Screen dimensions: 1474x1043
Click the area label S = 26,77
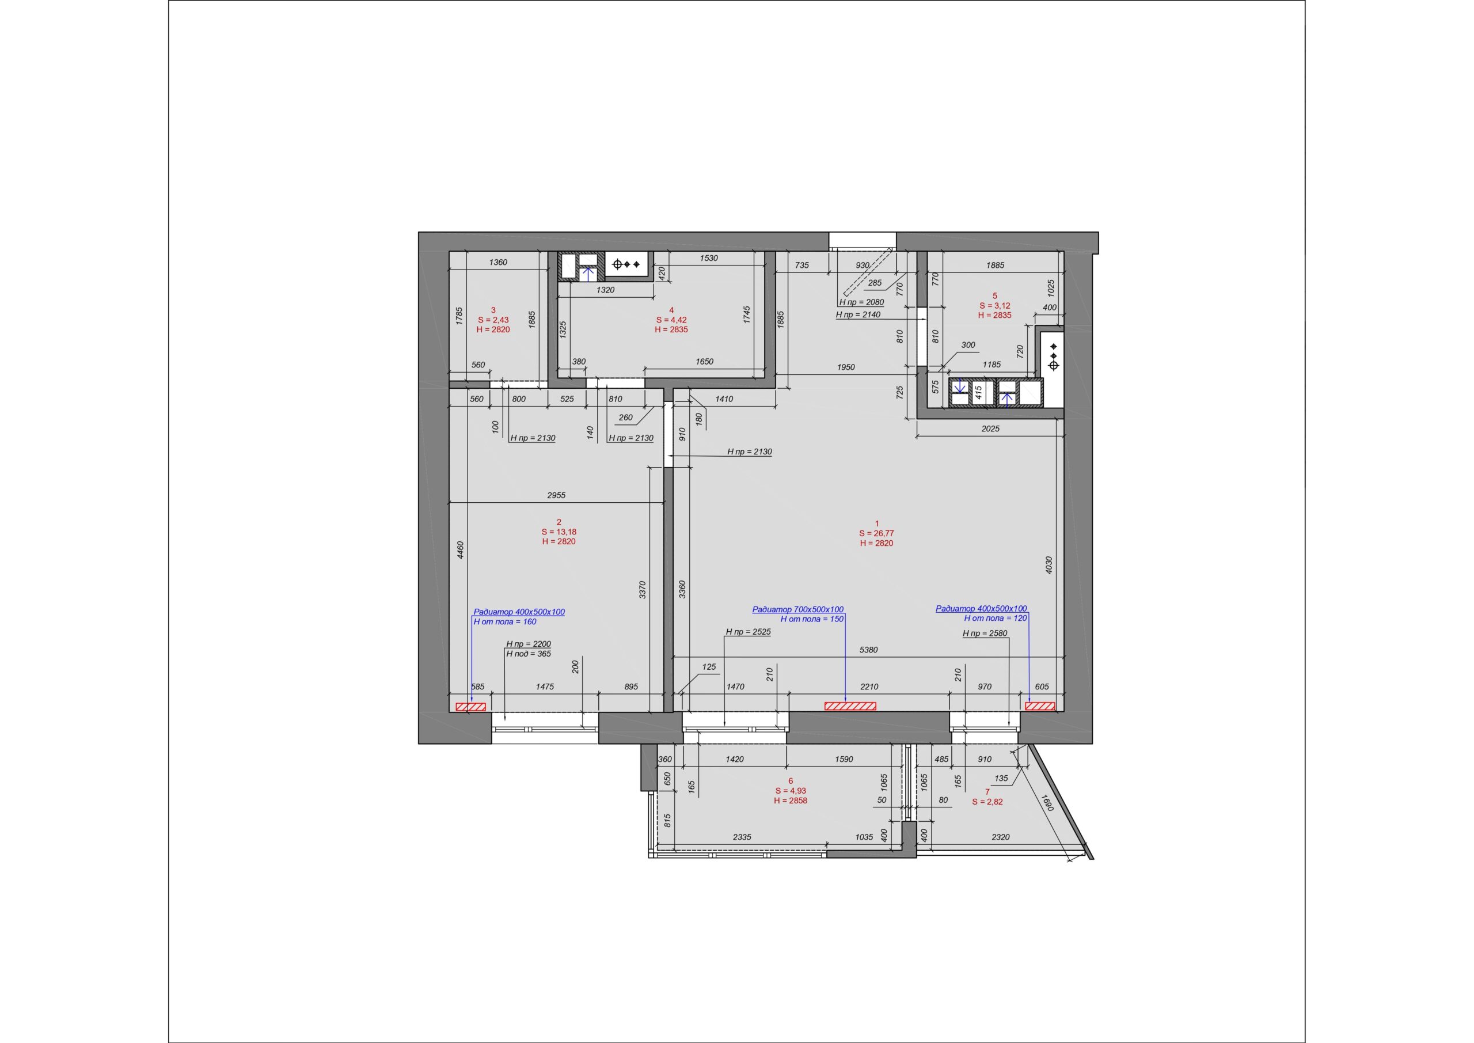876,533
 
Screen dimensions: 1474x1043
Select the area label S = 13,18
559,532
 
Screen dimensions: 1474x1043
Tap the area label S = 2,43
493,320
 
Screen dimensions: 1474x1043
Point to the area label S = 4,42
671,320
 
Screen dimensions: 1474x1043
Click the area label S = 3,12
995,306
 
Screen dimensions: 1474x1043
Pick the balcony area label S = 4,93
791,791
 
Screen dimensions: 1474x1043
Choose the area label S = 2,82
987,802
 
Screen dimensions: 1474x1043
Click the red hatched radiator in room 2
470,707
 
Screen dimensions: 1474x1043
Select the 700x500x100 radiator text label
798,609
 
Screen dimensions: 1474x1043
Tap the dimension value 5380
869,650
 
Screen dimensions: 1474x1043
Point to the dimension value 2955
557,495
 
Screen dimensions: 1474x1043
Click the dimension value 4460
460,551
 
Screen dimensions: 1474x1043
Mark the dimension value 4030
1050,564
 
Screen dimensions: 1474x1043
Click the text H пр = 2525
749,632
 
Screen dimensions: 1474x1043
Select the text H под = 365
529,654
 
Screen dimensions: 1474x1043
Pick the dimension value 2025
990,428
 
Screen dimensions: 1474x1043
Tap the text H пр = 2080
861,302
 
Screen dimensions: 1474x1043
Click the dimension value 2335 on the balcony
742,837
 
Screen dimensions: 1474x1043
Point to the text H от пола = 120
996,618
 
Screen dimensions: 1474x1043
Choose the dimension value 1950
846,367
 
